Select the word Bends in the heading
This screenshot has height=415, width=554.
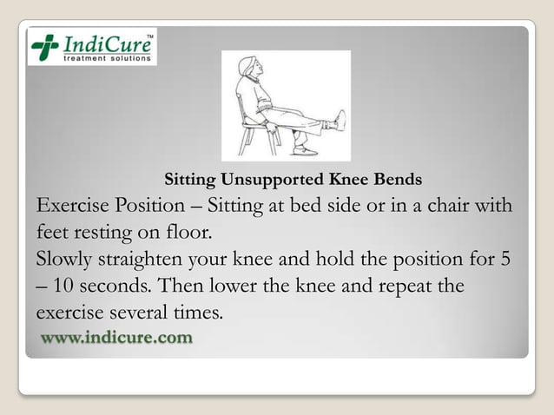pos(400,181)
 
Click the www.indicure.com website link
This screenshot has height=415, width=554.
pos(115,337)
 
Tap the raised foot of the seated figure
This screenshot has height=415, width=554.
pos(340,121)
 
